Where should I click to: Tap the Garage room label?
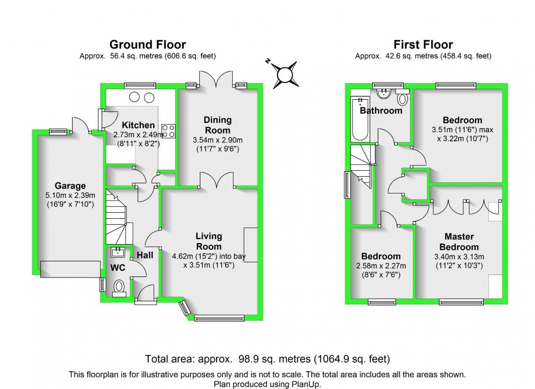[70, 186]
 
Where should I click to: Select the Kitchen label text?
[138, 125]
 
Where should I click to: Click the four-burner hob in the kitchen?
[168, 131]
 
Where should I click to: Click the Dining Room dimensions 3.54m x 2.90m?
[218, 140]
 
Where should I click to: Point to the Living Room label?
[209, 242]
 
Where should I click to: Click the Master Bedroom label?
[459, 242]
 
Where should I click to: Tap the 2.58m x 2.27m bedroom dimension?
[381, 266]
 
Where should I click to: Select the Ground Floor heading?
[148, 45]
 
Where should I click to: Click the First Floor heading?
[423, 45]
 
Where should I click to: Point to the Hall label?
[145, 255]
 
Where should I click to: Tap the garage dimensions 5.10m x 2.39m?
[70, 196]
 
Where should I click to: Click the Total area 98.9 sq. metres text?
[268, 359]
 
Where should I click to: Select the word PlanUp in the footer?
[306, 384]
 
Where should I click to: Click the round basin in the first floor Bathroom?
[384, 93]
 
